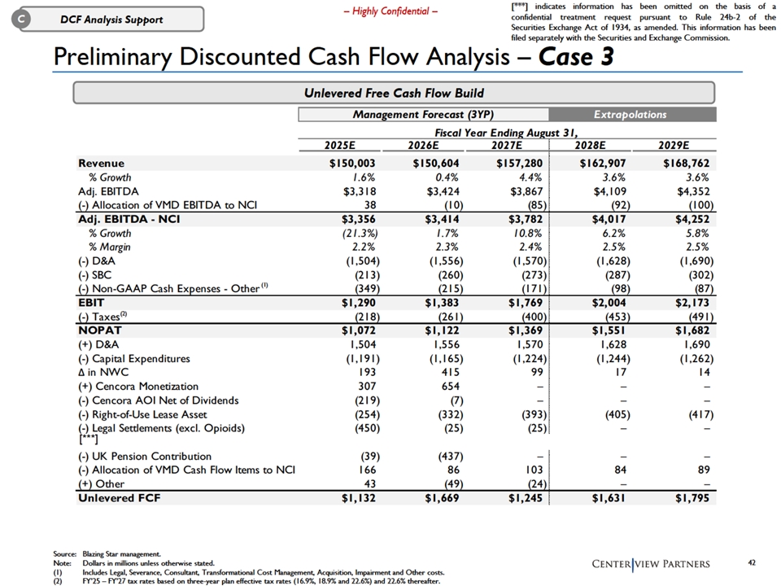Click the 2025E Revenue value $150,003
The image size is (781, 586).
[352, 164]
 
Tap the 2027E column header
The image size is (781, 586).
[507, 145]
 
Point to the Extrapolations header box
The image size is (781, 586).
[632, 115]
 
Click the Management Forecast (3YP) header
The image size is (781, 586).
[423, 115]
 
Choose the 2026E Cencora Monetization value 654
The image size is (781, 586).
[450, 386]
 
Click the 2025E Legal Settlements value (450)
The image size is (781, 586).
[367, 428]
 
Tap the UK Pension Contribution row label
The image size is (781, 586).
[145, 456]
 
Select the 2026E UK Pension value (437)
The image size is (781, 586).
[450, 456]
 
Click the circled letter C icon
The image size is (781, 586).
[21, 19]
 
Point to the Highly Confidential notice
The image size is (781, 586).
[390, 11]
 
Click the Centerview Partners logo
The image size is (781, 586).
[651, 563]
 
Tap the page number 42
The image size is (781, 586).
[752, 562]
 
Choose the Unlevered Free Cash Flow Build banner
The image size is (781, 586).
[394, 93]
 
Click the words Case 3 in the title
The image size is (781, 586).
[576, 56]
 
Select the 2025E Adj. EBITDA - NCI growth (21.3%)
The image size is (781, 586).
[359, 234]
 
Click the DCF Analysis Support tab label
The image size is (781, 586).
[111, 20]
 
